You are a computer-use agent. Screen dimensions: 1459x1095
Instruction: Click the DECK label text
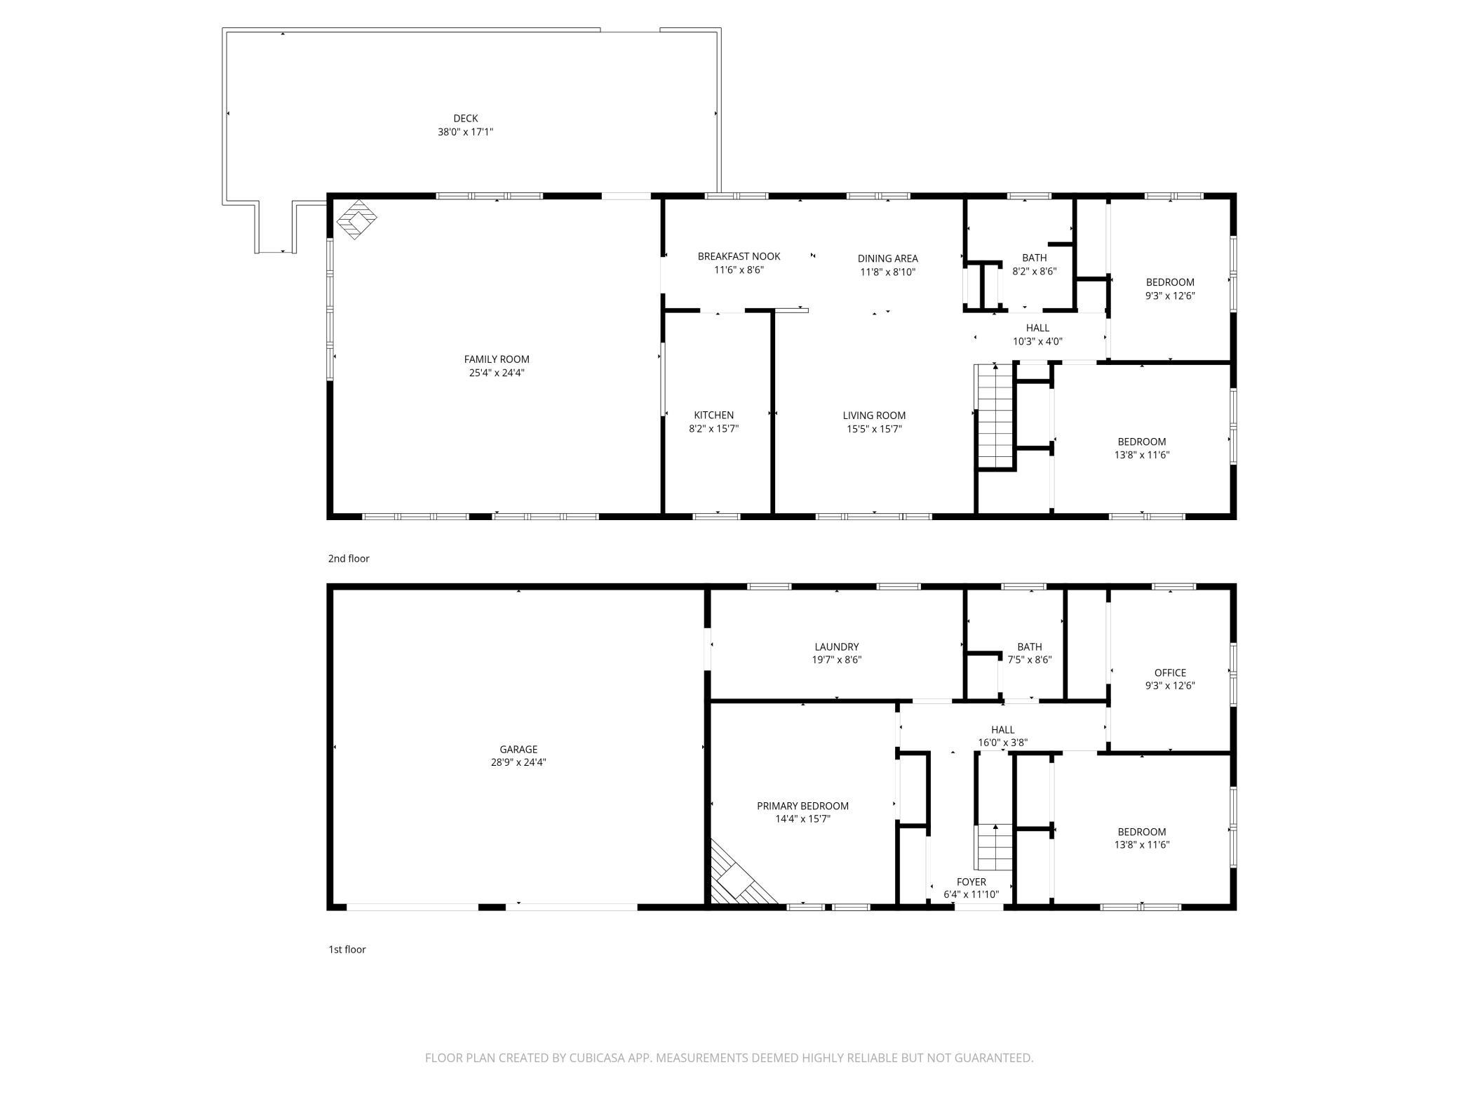pos(466,119)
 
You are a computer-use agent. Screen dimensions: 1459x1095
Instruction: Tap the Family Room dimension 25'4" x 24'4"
pos(497,373)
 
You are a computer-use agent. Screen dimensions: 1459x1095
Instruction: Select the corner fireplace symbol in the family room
pos(357,219)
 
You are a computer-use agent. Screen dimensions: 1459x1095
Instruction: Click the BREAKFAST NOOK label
pos(739,256)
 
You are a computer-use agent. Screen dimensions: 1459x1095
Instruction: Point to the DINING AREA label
pos(887,258)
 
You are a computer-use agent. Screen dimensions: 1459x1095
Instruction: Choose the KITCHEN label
pos(714,415)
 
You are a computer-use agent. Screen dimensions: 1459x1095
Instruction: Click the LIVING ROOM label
pos(874,415)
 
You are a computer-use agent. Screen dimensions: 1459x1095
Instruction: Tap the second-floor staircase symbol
pos(995,416)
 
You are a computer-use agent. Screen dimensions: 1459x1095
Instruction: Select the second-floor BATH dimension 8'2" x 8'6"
pos(1035,271)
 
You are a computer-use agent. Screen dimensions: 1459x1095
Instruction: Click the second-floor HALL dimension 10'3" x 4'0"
pos(1037,341)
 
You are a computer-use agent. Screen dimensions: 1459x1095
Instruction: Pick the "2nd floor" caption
pos(349,559)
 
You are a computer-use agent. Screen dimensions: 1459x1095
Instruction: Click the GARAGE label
pos(518,749)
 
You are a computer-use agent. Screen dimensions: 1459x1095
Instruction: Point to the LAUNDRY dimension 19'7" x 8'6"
pos(837,660)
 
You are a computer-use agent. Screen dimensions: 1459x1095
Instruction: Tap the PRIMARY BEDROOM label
pos(802,806)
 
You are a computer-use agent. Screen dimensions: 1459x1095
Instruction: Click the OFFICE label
pos(1170,672)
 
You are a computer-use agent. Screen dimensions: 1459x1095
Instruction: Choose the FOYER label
pos(971,882)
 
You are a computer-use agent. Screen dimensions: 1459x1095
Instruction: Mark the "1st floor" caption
pos(347,950)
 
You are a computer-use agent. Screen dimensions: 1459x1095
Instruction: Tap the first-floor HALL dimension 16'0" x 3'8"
pos(1003,743)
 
